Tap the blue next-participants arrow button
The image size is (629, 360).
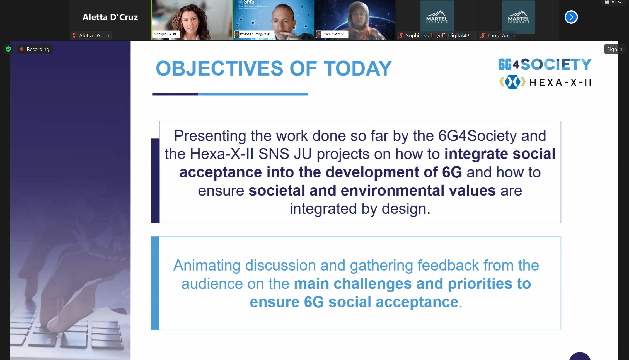(571, 17)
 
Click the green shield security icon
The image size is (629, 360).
(8, 49)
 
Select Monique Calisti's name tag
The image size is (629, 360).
(165, 34)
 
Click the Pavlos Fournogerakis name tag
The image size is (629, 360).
(253, 34)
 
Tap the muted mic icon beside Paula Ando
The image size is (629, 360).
(483, 35)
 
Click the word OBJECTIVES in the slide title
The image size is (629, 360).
(219, 69)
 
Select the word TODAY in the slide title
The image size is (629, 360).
(358, 69)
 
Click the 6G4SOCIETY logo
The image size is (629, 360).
(545, 64)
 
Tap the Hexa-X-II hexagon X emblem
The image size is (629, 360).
(512, 82)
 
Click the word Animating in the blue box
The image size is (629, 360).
(207, 265)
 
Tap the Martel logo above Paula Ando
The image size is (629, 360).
(518, 17)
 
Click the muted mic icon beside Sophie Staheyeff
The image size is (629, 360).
(401, 35)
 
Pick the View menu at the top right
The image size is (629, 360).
(613, 2)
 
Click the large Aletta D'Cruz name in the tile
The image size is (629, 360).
(110, 17)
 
